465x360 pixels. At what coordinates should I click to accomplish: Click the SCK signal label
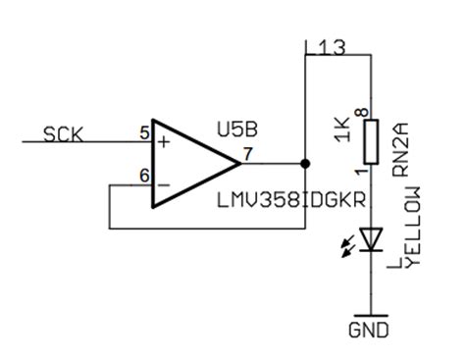[64, 134]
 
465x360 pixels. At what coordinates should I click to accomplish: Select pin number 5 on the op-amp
[144, 131]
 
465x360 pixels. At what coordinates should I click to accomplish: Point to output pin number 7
[247, 153]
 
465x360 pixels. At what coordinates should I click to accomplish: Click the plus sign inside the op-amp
[163, 141]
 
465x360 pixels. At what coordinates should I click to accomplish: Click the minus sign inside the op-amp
[163, 183]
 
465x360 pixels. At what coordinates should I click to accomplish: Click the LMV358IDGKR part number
[289, 200]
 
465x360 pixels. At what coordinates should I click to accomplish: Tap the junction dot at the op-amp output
[305, 163]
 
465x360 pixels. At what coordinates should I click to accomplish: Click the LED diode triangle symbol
[371, 238]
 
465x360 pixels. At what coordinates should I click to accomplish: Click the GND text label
[370, 330]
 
